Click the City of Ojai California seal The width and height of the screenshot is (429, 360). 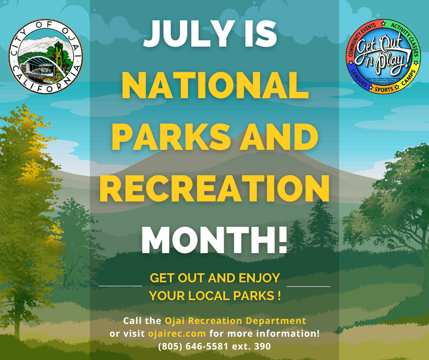pyautogui.click(x=46, y=57)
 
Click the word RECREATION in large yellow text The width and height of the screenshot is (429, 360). pyautogui.click(x=214, y=187)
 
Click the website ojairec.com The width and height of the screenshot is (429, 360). pyautogui.click(x=177, y=333)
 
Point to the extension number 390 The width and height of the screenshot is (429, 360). pyautogui.click(x=262, y=346)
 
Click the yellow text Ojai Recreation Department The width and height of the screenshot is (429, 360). pyautogui.click(x=235, y=320)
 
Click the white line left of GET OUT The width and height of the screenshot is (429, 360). pyautogui.click(x=120, y=286)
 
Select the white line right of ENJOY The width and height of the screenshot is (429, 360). pyautogui.click(x=309, y=286)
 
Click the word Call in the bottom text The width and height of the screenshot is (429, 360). pyautogui.click(x=133, y=320)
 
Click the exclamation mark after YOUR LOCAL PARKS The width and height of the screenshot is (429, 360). pyautogui.click(x=278, y=296)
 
